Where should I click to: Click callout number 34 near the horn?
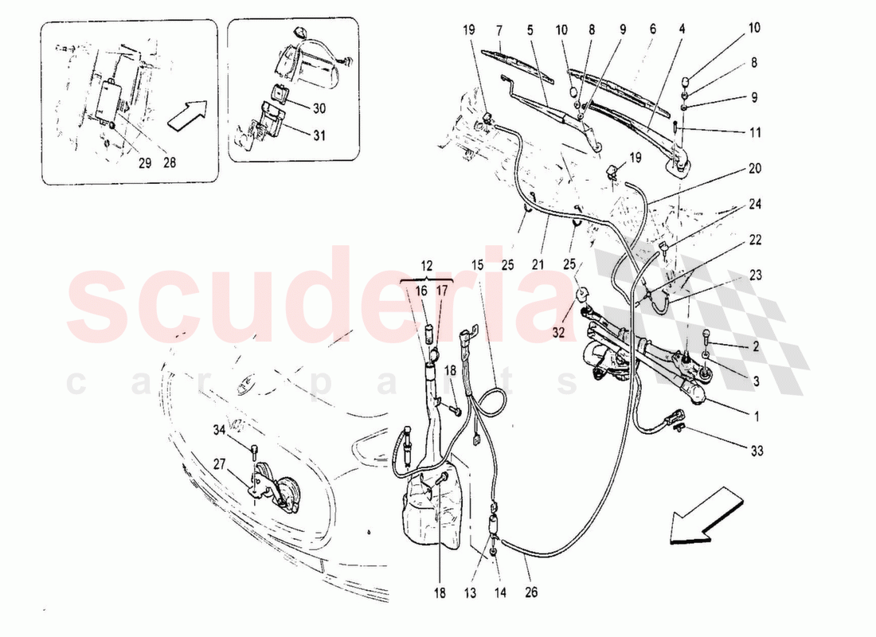pos(220,430)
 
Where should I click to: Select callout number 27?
pos(220,464)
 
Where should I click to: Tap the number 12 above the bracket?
pos(427,266)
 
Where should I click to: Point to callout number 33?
pos(757,451)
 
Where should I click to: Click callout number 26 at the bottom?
pos(530,592)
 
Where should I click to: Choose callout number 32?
pos(559,332)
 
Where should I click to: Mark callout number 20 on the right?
pos(755,168)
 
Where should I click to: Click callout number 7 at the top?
pos(499,29)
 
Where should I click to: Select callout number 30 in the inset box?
pos(319,107)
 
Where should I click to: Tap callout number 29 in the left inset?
pos(145,163)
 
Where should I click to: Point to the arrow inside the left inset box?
pos(187,115)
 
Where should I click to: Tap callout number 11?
pos(755,132)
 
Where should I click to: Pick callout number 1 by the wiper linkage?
pos(757,416)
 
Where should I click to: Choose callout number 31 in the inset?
pos(319,135)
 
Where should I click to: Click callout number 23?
pos(755,275)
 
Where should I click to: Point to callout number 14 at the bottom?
pos(500,592)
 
